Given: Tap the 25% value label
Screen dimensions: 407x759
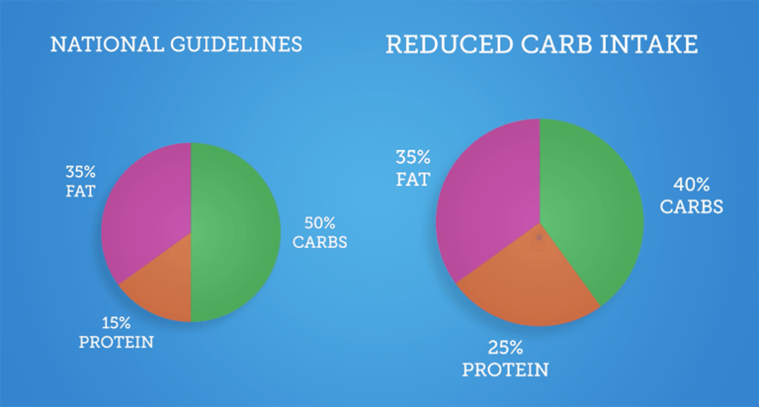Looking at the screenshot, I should click(x=504, y=348).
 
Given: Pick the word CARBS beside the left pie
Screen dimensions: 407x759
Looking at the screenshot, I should click(x=319, y=242).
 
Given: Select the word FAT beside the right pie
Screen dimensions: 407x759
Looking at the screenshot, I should click(x=412, y=180).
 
